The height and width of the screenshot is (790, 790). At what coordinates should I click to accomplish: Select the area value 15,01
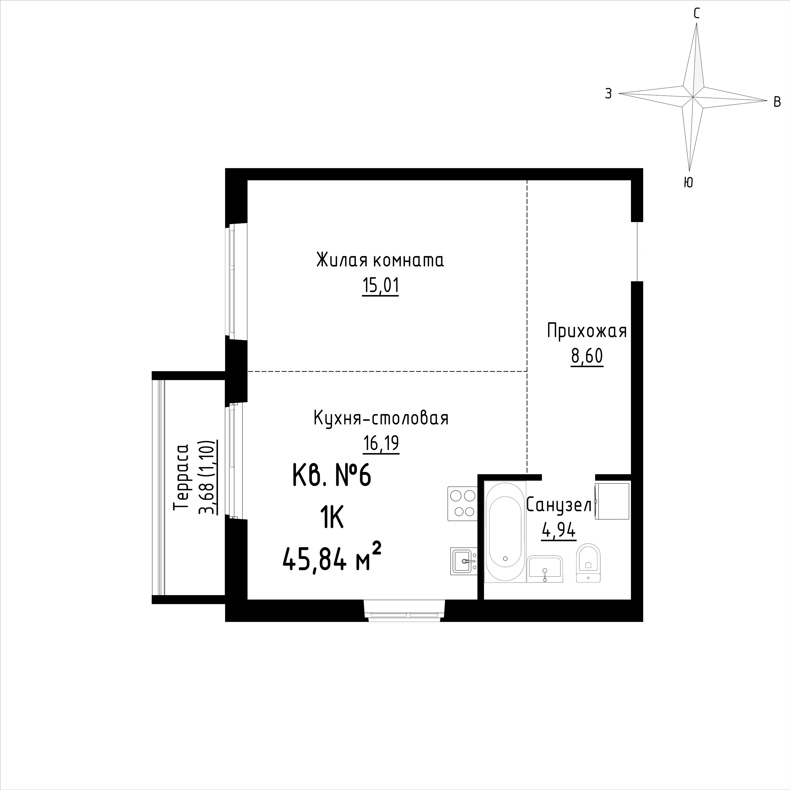pos(380,286)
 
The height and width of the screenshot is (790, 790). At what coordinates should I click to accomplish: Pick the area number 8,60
pos(587,357)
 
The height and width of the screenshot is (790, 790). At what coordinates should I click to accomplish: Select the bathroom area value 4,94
pos(559,531)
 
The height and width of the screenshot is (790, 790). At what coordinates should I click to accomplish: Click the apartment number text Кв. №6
pos(332,476)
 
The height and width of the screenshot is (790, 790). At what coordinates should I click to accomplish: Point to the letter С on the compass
pos(697,14)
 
